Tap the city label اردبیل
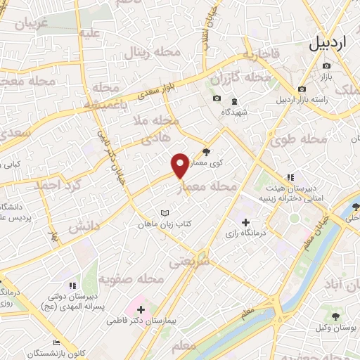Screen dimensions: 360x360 click(x=328, y=44)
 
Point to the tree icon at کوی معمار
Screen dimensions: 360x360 click(x=205, y=151)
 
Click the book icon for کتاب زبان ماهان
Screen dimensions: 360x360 click(x=165, y=213)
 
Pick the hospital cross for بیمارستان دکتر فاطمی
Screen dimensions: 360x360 click(x=141, y=309)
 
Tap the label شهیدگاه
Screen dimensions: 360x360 click(x=233, y=112)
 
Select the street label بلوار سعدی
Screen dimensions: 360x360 click(x=147, y=91)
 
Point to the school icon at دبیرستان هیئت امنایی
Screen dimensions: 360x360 click(x=290, y=177)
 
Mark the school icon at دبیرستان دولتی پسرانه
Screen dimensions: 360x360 click(x=72, y=285)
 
